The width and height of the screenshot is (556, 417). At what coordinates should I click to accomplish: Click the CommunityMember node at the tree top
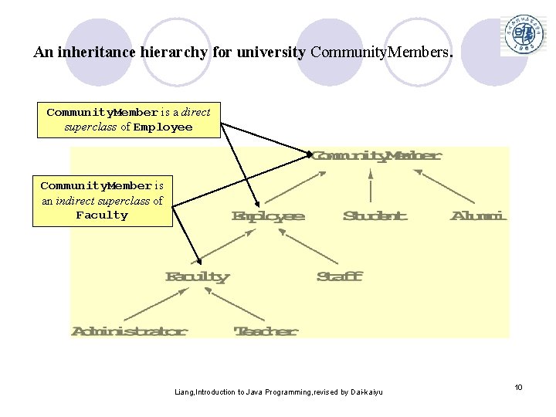pos(376,156)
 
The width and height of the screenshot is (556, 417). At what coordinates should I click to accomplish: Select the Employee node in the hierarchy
pos(268,216)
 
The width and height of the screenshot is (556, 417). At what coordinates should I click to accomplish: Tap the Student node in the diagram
pos(375,215)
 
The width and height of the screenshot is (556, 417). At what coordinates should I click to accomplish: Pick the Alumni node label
pos(478,215)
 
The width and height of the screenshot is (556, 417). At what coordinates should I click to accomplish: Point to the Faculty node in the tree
pos(198,276)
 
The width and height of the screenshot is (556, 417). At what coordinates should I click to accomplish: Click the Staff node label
pos(339,276)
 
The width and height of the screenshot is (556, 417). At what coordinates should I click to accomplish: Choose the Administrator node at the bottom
pos(130,331)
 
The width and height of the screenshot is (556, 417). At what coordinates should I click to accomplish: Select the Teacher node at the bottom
pos(266,331)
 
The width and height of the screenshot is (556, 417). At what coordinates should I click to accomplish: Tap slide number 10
pos(518,387)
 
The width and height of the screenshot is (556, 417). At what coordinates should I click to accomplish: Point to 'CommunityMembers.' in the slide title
pos(382,53)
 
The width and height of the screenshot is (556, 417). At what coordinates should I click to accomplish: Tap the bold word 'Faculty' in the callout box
pos(102,215)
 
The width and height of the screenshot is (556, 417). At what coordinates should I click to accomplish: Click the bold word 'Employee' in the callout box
pos(162,127)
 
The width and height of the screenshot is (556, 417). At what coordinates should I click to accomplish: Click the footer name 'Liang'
pos(185,392)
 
